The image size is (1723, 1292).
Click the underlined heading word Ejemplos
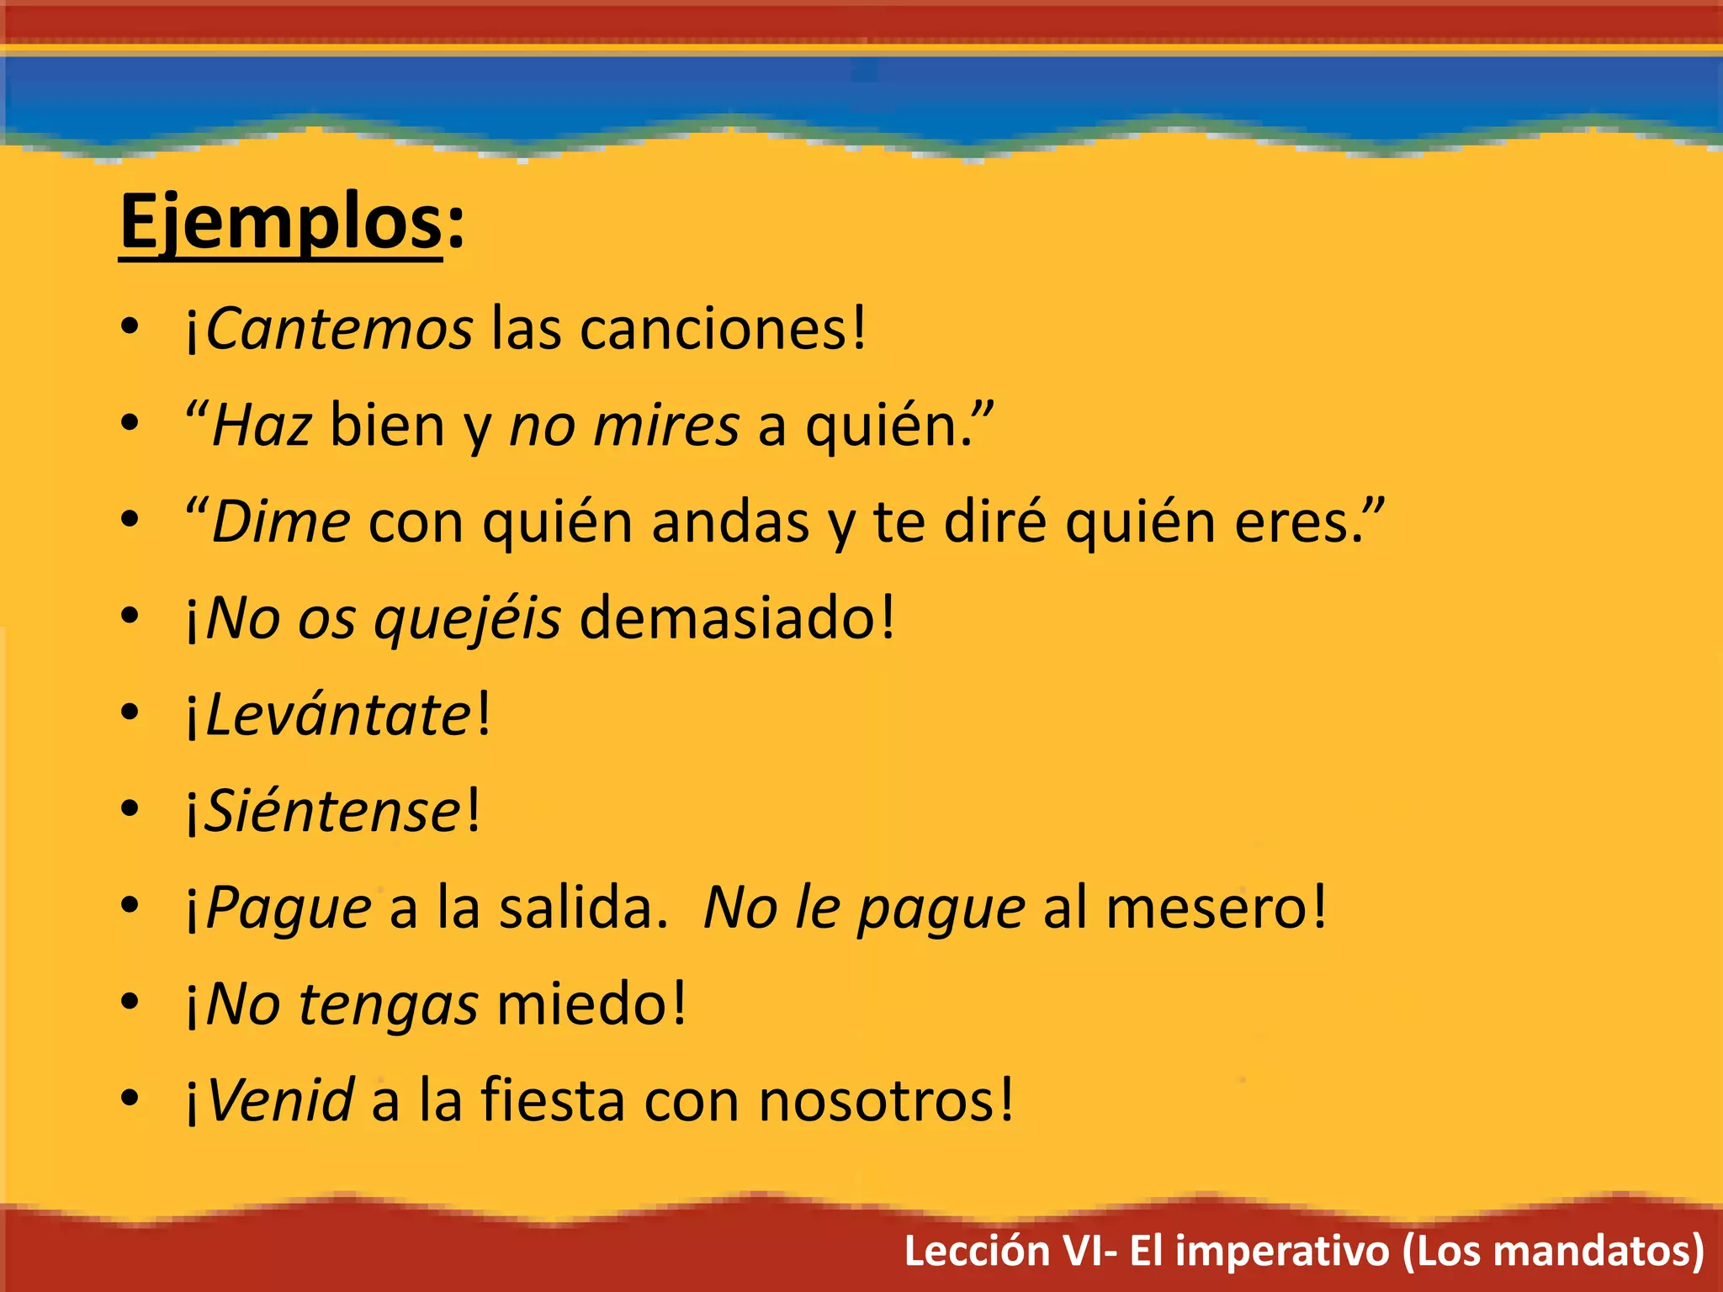tap(281, 222)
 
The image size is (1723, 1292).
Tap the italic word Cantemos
tap(339, 328)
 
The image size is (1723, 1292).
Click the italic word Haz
tap(262, 425)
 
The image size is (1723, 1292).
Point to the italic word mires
tap(666, 425)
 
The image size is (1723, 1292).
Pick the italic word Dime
tap(281, 522)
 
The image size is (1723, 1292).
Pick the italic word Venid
tap(280, 1100)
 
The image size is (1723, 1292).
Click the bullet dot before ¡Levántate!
tap(129, 713)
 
